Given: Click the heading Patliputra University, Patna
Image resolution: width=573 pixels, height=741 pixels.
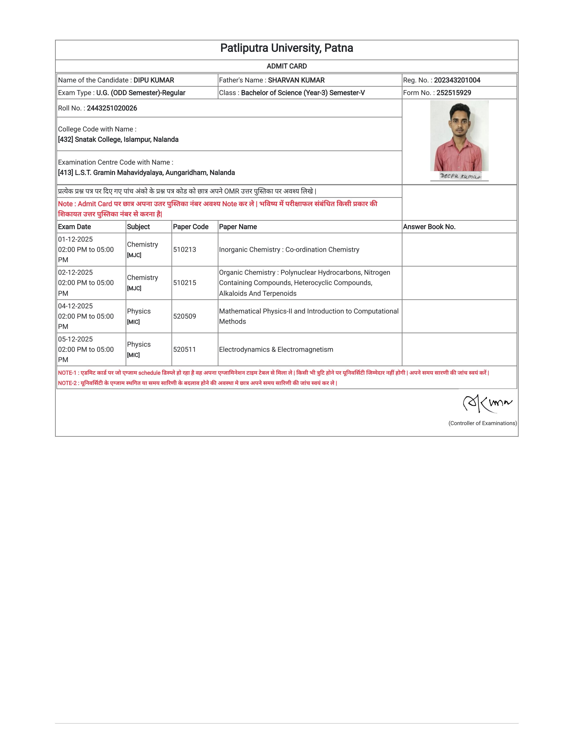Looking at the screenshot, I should pos(286,48).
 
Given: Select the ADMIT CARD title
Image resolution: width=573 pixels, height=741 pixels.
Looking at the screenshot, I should pos(286,66).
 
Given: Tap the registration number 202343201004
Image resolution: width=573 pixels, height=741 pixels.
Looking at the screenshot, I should pos(457,80).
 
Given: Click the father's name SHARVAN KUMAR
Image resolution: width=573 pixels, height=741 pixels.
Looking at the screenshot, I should pos(296,80).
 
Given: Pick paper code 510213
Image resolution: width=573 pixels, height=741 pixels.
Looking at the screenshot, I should pos(184,250).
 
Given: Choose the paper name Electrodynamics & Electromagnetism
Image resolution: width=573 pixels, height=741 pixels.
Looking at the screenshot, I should pos(276,349).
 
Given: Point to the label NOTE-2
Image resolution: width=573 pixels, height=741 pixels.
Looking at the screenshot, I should pos(67,383).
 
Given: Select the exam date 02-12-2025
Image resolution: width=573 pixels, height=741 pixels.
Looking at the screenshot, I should pos(75,272).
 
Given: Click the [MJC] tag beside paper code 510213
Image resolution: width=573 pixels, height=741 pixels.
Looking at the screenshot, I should pos(134,255).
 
